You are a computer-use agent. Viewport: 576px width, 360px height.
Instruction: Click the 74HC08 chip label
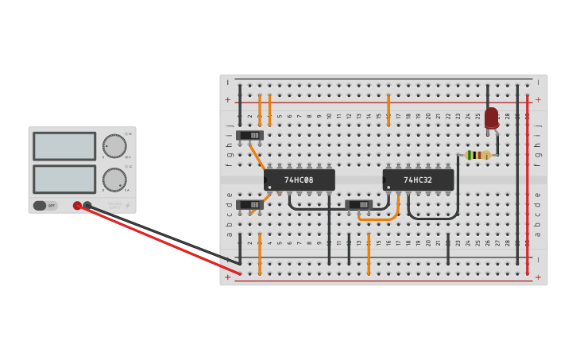[x=299, y=180]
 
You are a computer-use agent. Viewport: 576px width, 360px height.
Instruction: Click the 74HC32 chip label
[x=418, y=180]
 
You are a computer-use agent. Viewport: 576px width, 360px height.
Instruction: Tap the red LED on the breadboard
[x=491, y=118]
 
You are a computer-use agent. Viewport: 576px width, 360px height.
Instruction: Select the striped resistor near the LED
[x=477, y=155]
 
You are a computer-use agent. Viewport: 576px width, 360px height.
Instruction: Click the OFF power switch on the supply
[x=45, y=206]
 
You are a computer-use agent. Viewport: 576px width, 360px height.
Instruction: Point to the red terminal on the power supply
[x=77, y=205]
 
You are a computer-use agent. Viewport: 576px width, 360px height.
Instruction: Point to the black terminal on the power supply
[x=87, y=205]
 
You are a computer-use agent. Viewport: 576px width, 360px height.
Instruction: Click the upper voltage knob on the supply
[x=114, y=146]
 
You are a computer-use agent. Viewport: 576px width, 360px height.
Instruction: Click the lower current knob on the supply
[x=114, y=180]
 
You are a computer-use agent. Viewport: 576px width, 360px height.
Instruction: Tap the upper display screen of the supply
[x=64, y=146]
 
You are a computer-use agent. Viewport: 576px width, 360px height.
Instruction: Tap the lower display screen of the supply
[x=64, y=180]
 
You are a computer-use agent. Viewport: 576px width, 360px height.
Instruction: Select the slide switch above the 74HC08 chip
[x=249, y=135]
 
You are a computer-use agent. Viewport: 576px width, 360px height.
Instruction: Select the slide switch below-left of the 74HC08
[x=249, y=204]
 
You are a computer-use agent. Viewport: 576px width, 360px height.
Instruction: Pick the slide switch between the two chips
[x=359, y=204]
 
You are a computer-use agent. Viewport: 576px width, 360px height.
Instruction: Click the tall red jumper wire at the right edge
[x=527, y=183]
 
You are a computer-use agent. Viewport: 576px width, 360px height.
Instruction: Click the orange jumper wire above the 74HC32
[x=389, y=110]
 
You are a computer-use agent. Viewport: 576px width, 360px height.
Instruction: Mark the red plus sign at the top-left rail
[x=227, y=100]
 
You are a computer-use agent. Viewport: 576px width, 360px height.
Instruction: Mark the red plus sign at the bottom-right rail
[x=538, y=277]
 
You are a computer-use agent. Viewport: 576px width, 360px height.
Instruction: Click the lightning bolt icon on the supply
[x=127, y=205]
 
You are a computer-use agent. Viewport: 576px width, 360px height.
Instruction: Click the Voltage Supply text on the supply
[x=114, y=205]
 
